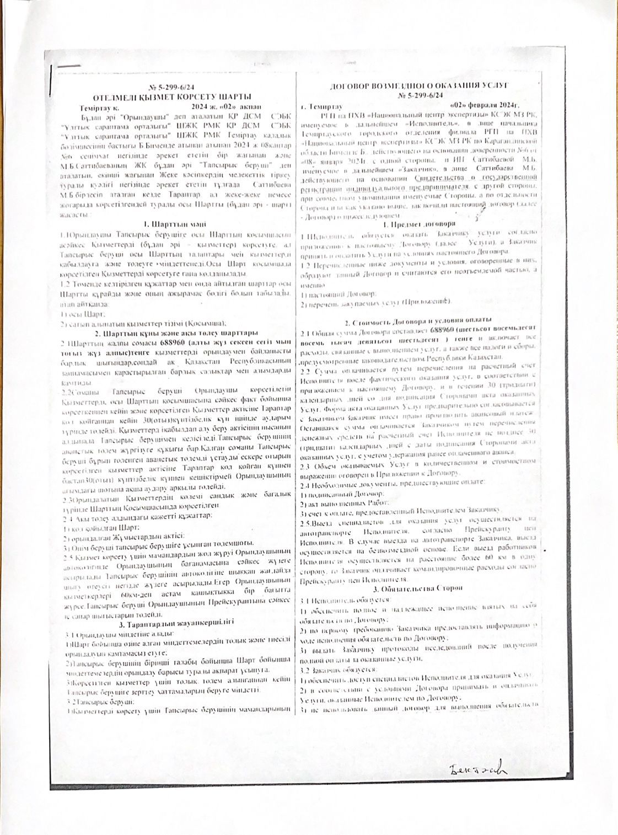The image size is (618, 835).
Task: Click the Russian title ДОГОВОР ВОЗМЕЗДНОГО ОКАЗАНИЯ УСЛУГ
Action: tap(418, 87)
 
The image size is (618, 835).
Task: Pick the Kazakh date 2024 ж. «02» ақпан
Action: tap(227, 105)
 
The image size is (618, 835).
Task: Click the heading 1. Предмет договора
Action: tap(420, 224)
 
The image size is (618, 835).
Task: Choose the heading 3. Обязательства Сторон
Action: tap(420, 588)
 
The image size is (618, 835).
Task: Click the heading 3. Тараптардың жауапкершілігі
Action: tap(176, 623)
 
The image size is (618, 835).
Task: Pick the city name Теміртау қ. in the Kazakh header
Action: tap(99, 105)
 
